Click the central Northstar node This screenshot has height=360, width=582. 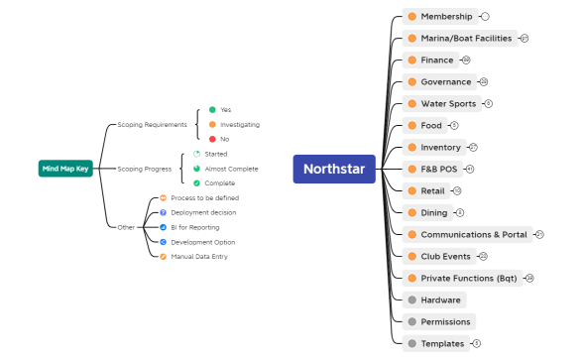(x=334, y=169)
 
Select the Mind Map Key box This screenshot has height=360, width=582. (x=65, y=169)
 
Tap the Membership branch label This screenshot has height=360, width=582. (x=446, y=17)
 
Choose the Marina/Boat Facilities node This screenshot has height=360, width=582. (x=466, y=39)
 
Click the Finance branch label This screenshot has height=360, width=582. (x=436, y=60)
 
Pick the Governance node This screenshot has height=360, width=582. (x=445, y=82)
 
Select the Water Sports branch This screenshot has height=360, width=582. (x=448, y=104)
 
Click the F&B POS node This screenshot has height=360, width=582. (x=439, y=170)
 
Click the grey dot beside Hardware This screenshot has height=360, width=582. (x=411, y=300)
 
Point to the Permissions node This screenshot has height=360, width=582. (x=446, y=322)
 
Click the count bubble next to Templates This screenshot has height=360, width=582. (x=476, y=344)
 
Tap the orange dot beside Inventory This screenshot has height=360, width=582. (x=411, y=148)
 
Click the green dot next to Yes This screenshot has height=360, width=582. (x=212, y=109)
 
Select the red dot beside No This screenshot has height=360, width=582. (x=212, y=139)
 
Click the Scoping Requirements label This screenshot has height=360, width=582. (x=152, y=125)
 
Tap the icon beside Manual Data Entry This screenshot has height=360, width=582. (x=163, y=257)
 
